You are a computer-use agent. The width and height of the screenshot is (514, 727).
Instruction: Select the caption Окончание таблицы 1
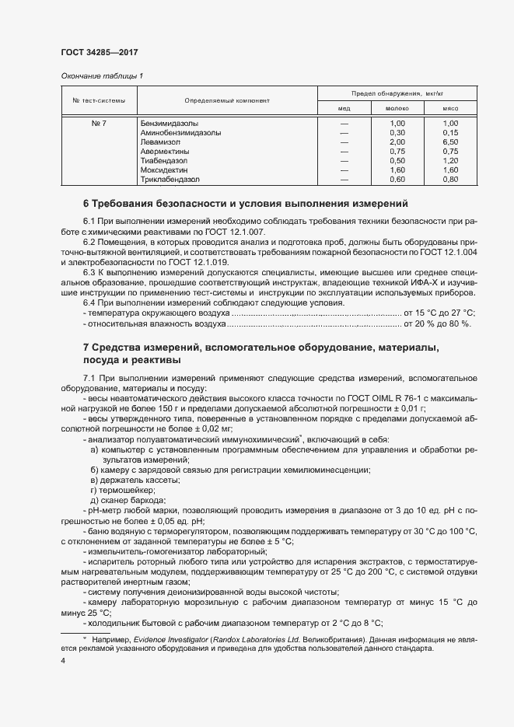point(102,76)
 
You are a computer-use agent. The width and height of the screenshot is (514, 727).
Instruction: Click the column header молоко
point(397,109)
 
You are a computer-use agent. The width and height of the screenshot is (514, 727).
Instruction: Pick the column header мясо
point(450,109)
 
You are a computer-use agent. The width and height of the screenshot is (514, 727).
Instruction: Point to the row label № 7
point(99,124)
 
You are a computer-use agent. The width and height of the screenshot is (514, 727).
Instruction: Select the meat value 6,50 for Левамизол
point(450,142)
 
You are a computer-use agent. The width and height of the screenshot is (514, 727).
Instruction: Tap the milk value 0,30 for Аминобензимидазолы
point(397,133)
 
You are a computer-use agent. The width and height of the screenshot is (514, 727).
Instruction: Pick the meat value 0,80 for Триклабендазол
point(450,179)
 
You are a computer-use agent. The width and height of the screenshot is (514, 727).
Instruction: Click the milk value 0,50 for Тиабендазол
point(397,160)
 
